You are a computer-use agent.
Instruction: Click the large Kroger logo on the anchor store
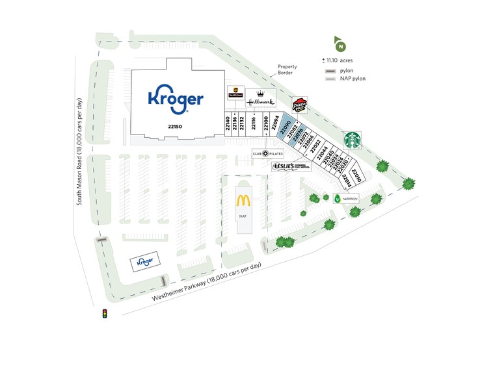tap(176, 98)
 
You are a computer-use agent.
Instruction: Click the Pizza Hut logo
tap(299, 106)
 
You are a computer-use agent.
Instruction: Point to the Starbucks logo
tap(352, 140)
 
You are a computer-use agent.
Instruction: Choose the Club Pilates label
tap(268, 153)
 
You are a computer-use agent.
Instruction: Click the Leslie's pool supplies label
tap(291, 166)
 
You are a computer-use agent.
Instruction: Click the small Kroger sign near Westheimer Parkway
tap(144, 262)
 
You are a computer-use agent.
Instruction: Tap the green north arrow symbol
tap(340, 45)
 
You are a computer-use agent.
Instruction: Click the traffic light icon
tap(103, 314)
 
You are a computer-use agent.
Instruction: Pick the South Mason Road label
tap(79, 152)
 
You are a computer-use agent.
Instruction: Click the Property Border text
tap(287, 70)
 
